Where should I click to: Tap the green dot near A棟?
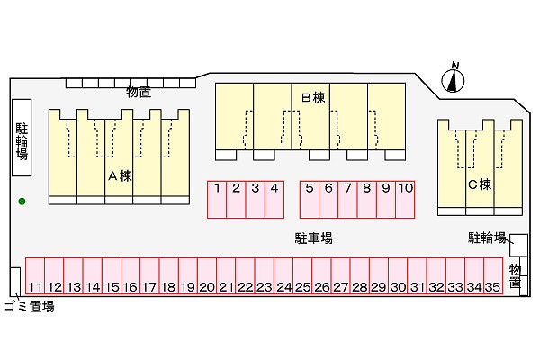tap(22, 201)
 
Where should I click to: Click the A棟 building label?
tap(120, 176)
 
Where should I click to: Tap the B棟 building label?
tap(311, 97)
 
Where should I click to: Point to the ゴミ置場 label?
tap(29, 306)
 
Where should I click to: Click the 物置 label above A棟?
tap(138, 92)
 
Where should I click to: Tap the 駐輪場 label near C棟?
tap(487, 238)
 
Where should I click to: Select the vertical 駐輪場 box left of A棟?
tap(22, 136)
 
